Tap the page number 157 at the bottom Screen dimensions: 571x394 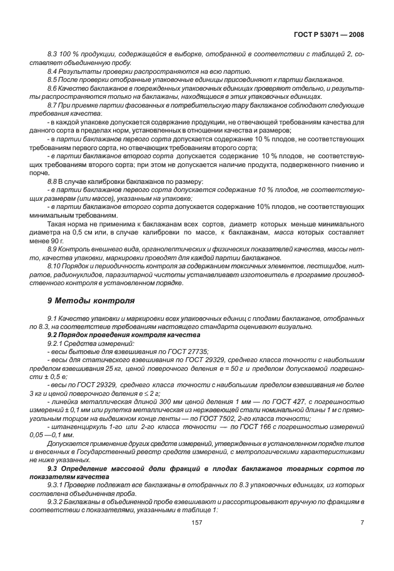[x=196, y=539]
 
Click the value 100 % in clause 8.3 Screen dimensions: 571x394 [x=68, y=55]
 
